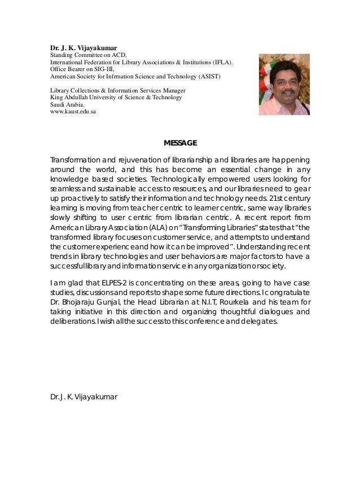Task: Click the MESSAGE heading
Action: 180,142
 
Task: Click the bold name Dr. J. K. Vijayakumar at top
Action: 84,47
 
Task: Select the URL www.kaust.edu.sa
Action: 73,112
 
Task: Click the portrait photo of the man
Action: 284,85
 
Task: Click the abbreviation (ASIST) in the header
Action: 209,76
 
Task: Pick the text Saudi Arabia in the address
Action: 68,104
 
